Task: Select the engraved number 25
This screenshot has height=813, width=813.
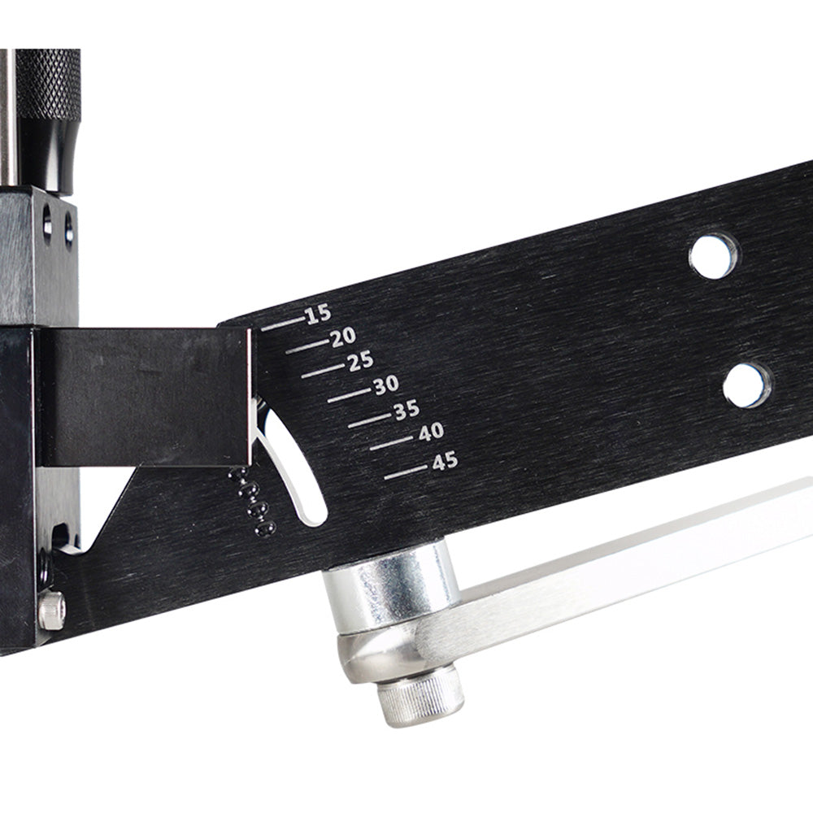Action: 359,363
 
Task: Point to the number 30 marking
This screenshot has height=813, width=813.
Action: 385,387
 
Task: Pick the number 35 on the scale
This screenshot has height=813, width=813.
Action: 406,411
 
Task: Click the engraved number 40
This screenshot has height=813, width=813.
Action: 430,433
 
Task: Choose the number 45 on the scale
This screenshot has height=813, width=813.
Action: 444,462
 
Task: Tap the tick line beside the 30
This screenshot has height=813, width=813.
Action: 349,398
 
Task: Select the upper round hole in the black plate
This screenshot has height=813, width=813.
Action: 713,255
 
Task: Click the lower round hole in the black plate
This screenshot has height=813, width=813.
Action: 746,385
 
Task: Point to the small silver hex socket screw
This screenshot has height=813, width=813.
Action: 50,610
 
